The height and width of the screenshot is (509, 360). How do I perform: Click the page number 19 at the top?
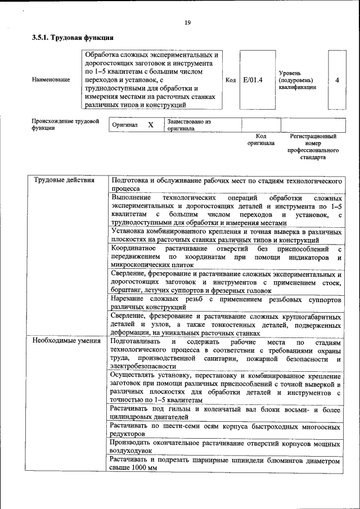(187, 22)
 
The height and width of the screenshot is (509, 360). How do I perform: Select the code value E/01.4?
(253, 80)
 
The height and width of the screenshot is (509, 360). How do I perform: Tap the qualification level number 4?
(337, 80)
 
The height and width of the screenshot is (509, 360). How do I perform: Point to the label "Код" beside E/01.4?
(230, 80)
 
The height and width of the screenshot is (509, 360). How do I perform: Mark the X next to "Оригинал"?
(150, 125)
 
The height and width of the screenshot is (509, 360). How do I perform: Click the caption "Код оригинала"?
(260, 139)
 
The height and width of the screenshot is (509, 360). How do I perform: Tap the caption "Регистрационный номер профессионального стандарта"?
(313, 147)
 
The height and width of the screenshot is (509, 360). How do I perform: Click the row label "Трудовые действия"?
(57, 181)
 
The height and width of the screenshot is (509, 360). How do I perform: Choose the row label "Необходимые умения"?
(61, 341)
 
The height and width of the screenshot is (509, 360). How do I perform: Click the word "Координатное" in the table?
(133, 248)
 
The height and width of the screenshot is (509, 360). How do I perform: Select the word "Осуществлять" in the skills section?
(135, 375)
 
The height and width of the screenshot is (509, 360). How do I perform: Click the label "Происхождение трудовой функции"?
(65, 124)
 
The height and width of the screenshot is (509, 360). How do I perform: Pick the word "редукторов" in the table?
(128, 434)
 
